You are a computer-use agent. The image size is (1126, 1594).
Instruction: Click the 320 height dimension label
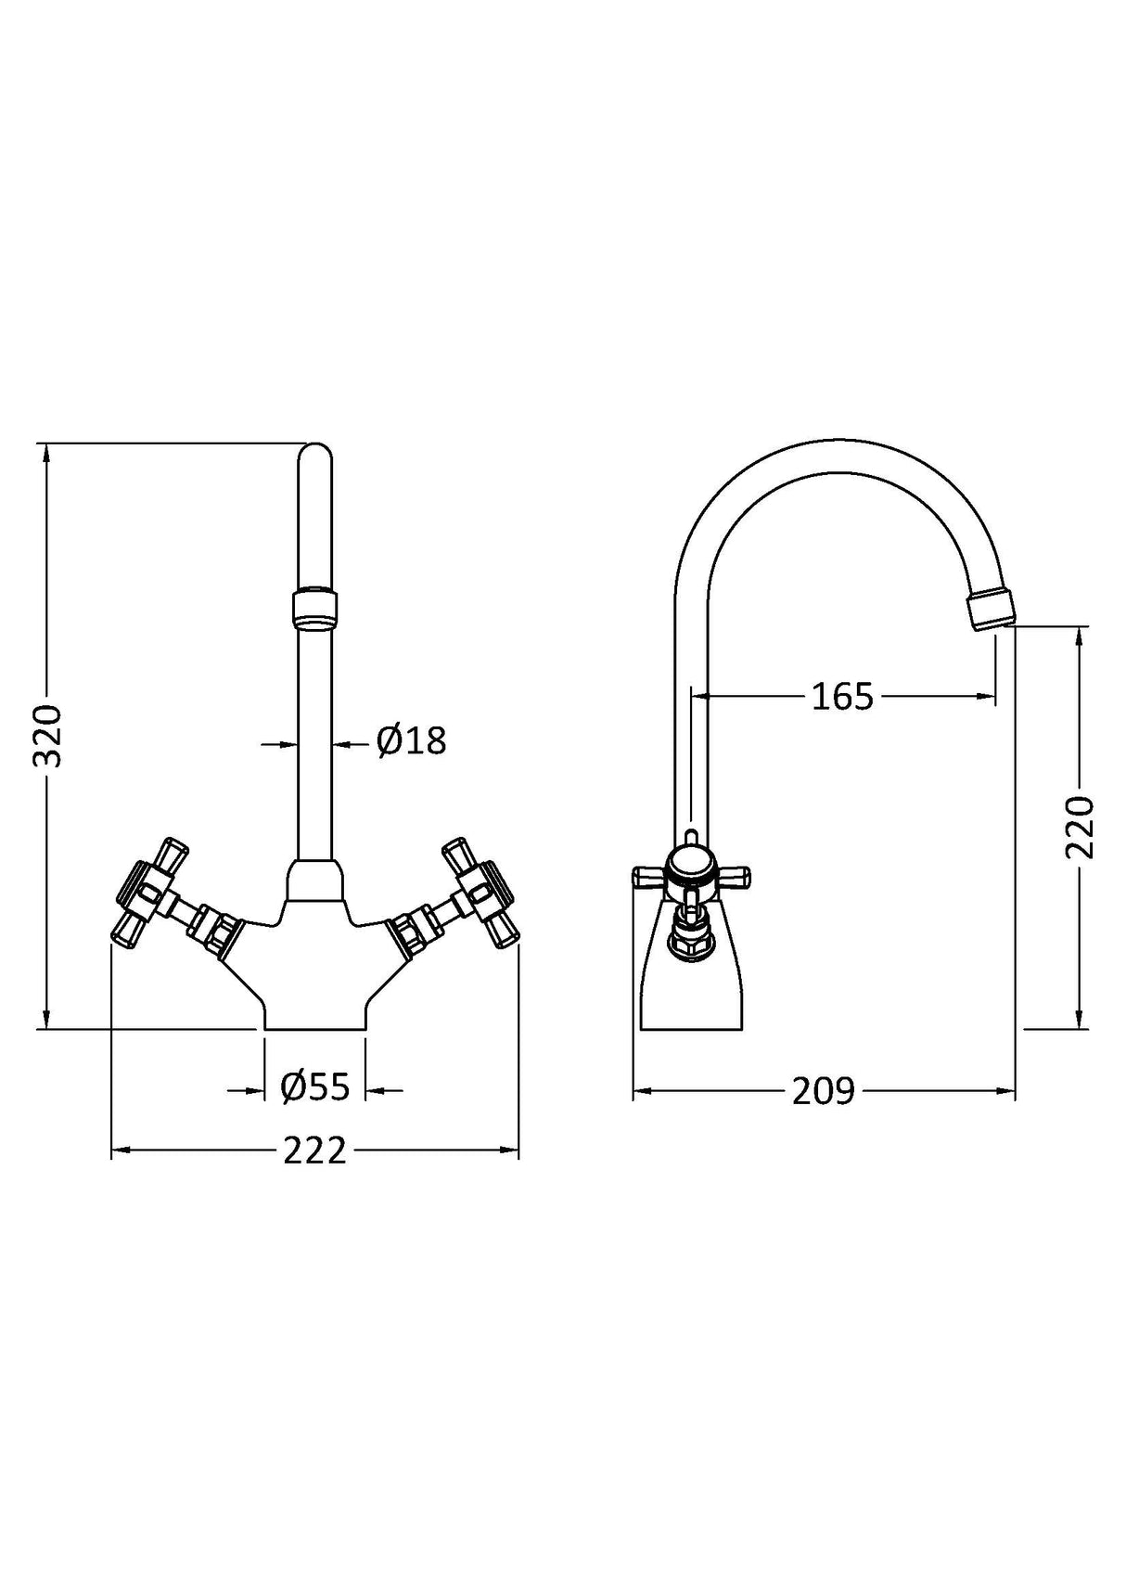click(46, 735)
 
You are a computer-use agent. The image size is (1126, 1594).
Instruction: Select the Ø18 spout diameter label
click(411, 740)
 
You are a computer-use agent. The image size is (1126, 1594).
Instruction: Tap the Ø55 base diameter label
click(315, 1086)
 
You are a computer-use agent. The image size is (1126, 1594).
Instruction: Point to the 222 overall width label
click(314, 1151)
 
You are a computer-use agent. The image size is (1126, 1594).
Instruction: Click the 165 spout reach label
click(842, 696)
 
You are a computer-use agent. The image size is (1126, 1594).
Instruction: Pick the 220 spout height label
click(1081, 827)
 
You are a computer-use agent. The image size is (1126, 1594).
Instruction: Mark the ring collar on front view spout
click(315, 608)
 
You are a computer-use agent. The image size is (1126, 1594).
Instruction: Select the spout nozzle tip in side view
click(990, 612)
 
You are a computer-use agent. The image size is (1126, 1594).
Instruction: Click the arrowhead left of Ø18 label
click(291, 742)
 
